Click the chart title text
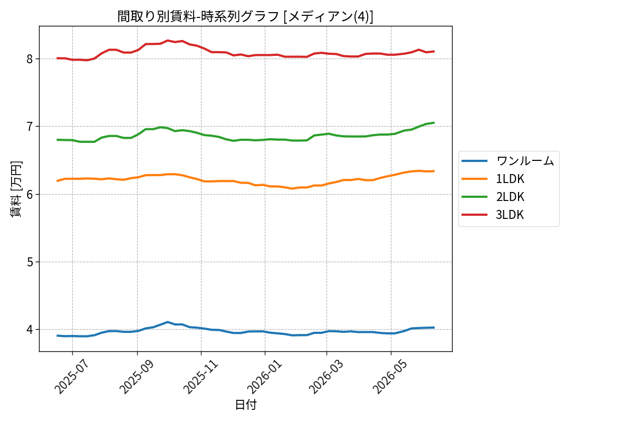tap(245, 16)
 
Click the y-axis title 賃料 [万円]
tap(16, 189)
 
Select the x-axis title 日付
tap(246, 405)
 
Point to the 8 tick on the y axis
tap(30, 59)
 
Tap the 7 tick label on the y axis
tap(30, 127)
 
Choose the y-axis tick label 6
tap(30, 195)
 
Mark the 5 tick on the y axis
tap(30, 262)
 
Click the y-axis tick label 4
tap(30, 330)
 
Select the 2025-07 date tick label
tap(72, 377)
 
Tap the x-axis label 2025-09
tap(137, 377)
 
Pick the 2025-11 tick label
tap(200, 377)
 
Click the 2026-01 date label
tap(264, 377)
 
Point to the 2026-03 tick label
tap(326, 377)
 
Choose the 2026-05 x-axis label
tap(390, 377)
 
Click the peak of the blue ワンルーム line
tap(168, 322)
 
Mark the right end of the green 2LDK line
tap(434, 123)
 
